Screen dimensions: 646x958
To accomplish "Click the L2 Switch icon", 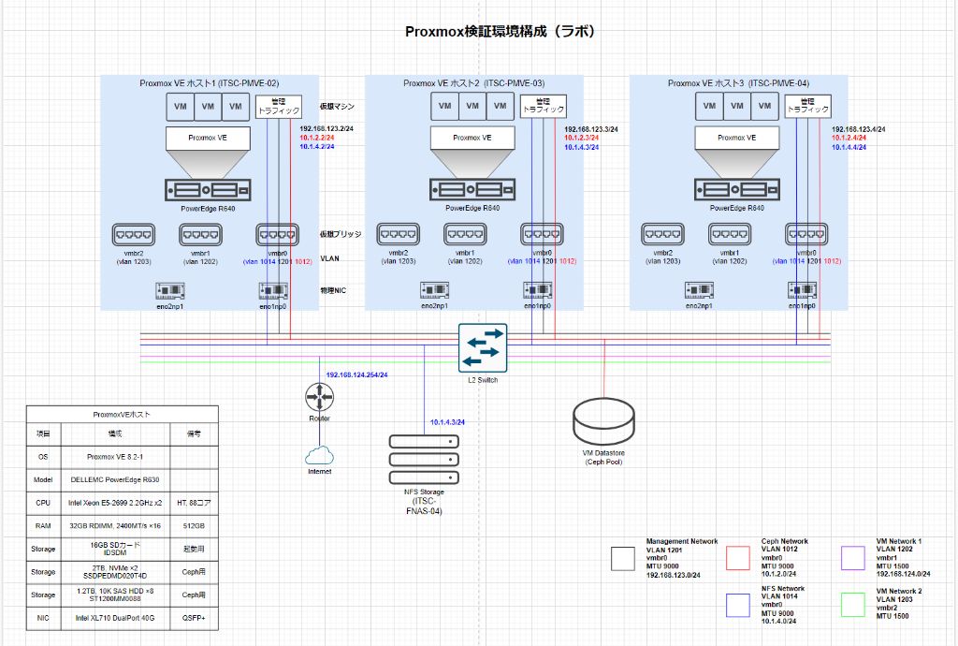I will (x=483, y=347).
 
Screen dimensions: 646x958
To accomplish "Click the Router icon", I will (x=319, y=397).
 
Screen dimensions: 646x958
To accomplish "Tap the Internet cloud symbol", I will (x=319, y=455).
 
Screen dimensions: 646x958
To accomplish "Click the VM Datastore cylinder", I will (x=604, y=421).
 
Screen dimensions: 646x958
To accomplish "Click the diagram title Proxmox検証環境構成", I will (x=500, y=31).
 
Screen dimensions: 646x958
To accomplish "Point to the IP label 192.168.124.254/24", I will (x=356, y=374).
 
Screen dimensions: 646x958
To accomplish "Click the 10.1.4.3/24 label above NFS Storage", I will (x=447, y=422).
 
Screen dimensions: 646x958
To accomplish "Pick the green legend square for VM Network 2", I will (x=853, y=605).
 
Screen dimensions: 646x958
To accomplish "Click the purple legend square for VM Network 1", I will (x=853, y=558).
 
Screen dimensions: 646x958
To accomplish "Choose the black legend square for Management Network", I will (x=623, y=558).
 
